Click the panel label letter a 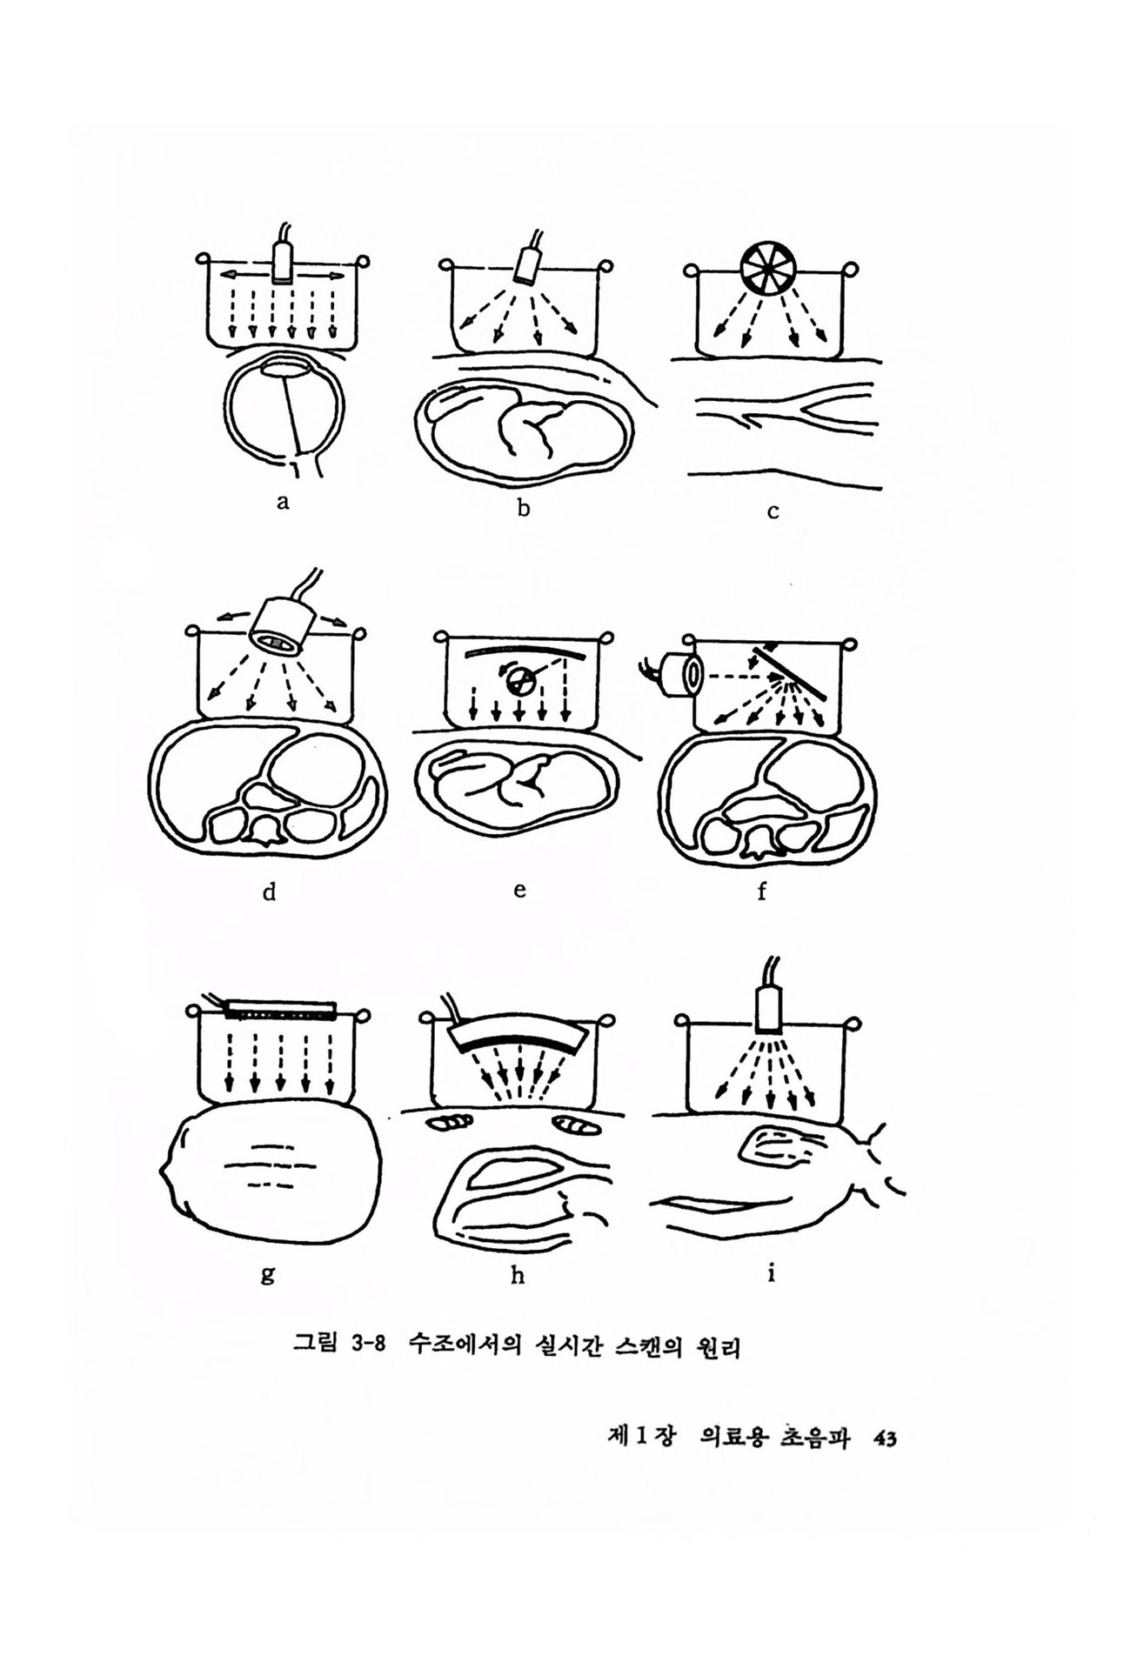point(281,502)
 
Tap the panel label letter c point(772,511)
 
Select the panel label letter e point(519,890)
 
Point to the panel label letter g point(267,1274)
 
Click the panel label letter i point(771,1272)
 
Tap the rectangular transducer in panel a point(283,262)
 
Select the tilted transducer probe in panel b point(528,263)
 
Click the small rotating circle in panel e point(518,682)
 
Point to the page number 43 point(886,1463)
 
